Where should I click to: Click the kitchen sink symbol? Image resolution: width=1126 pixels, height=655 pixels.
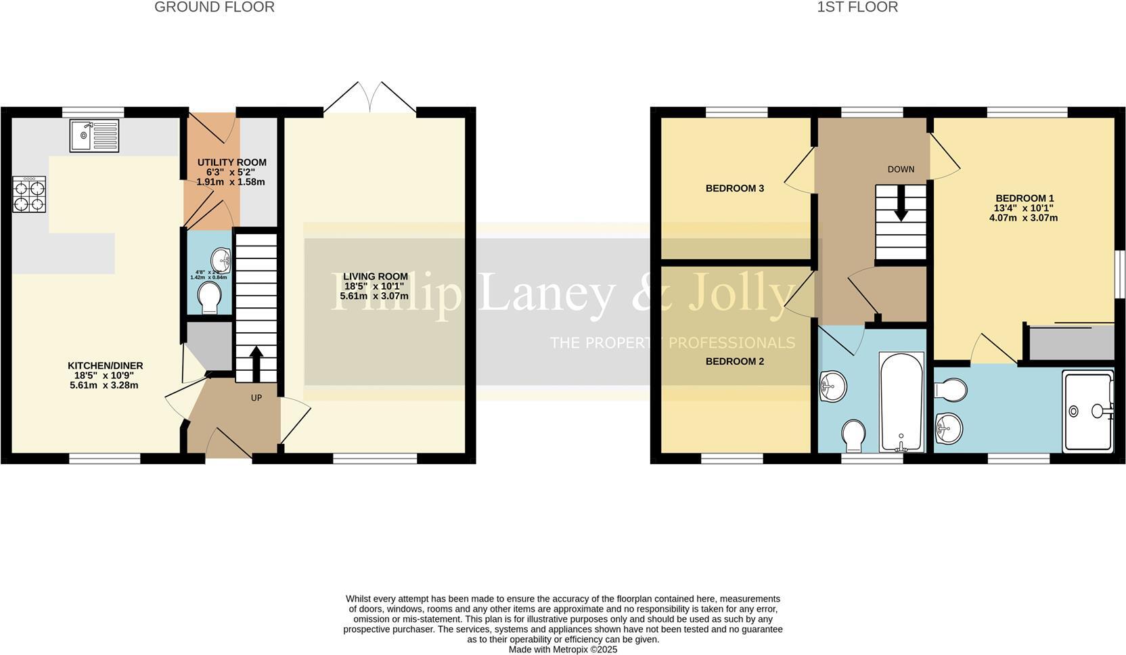(94, 135)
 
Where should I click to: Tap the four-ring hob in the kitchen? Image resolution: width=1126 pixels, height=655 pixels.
(29, 194)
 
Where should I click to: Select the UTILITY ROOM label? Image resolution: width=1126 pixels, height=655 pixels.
(231, 162)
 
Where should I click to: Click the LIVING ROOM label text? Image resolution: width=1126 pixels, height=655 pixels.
(375, 276)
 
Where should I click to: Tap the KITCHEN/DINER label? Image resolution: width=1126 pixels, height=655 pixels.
(105, 365)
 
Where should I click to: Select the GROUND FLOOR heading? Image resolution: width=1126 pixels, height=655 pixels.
(214, 7)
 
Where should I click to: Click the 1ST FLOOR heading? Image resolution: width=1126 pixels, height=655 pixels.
(857, 7)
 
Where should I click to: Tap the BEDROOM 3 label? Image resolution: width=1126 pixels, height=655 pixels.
(734, 188)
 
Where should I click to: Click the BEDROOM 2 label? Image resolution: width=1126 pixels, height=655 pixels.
(734, 361)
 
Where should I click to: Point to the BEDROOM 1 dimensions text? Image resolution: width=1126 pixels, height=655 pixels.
(1023, 213)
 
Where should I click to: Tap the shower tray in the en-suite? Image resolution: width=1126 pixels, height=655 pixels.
(1087, 410)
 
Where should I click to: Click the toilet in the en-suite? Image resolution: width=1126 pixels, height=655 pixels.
(951, 390)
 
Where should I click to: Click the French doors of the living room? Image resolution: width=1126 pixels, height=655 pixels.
(370, 99)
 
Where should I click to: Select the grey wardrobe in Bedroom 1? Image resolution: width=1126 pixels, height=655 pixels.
(1071, 343)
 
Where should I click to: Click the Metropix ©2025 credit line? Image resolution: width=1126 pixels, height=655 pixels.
(562, 650)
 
